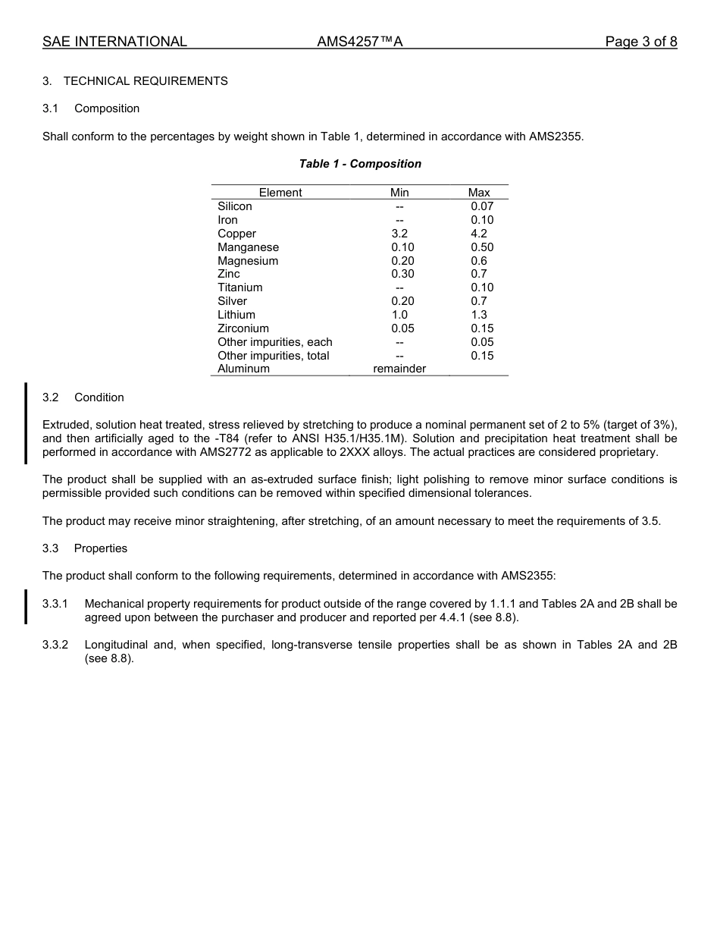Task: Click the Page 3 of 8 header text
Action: click(640, 42)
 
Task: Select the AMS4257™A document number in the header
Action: click(359, 42)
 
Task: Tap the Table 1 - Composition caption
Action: click(360, 164)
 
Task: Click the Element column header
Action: click(280, 193)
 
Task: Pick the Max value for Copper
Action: click(479, 234)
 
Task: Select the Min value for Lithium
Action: click(399, 315)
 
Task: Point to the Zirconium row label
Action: click(243, 328)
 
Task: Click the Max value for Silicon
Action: click(481, 206)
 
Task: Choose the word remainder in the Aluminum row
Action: click(399, 369)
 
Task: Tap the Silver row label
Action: click(233, 301)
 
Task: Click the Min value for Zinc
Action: click(402, 274)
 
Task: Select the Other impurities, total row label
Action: click(274, 356)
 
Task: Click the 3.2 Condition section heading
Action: click(83, 397)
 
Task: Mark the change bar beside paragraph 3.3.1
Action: click(26, 607)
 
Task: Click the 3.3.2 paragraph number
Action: click(55, 645)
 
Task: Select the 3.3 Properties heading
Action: click(85, 548)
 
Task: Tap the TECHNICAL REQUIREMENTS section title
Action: click(146, 81)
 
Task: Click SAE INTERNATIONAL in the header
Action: click(114, 42)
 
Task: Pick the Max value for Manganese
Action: click(481, 247)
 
